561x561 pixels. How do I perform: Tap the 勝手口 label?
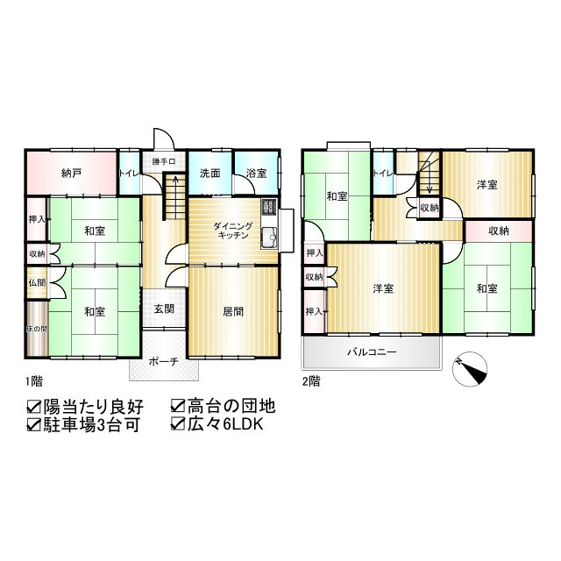tap(164, 161)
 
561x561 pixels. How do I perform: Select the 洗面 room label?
tap(209, 172)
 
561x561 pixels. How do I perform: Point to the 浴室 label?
tap(256, 172)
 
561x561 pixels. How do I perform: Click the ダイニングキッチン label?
tap(233, 231)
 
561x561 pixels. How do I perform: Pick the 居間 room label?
tap(233, 310)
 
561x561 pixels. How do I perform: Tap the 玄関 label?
tap(164, 309)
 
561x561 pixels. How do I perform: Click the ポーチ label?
tap(164, 360)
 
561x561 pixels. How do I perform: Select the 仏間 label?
tap(35, 282)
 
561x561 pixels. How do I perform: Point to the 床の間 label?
tap(35, 328)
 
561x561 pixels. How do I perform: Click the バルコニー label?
tap(371, 352)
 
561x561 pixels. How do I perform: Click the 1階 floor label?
tap(34, 382)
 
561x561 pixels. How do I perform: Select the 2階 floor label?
tap(311, 382)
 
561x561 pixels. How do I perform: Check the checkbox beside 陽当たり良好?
tap(35, 407)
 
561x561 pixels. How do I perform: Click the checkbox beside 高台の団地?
tap(178, 407)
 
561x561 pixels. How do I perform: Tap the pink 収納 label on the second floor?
tap(498, 231)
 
